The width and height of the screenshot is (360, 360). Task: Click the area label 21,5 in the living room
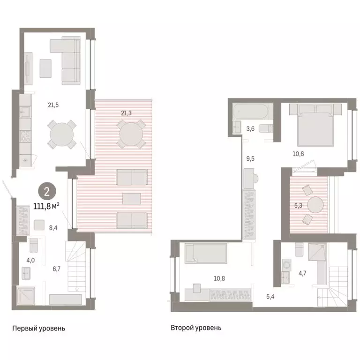pyautogui.click(x=53, y=105)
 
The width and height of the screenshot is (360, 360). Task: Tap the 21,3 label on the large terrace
pyautogui.click(x=126, y=113)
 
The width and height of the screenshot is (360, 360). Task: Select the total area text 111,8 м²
pyautogui.click(x=46, y=206)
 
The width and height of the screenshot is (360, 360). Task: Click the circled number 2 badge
pyautogui.click(x=47, y=191)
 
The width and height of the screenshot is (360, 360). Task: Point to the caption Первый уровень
pyautogui.click(x=38, y=328)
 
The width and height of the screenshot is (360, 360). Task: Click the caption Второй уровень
pyautogui.click(x=196, y=328)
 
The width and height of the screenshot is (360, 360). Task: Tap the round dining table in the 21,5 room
pyautogui.click(x=62, y=135)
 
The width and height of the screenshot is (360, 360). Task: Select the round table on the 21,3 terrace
pyautogui.click(x=131, y=135)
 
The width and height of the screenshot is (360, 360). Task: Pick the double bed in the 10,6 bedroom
pyautogui.click(x=315, y=125)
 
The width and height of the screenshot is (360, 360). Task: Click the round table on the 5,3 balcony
pyautogui.click(x=315, y=205)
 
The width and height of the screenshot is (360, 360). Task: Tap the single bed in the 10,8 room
pyautogui.click(x=206, y=254)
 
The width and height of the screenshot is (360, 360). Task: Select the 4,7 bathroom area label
pyautogui.click(x=302, y=273)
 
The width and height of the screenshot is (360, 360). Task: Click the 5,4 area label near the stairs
pyautogui.click(x=270, y=297)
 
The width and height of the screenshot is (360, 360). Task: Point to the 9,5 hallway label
pyautogui.click(x=250, y=158)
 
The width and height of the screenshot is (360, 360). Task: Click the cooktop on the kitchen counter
pyautogui.click(x=25, y=136)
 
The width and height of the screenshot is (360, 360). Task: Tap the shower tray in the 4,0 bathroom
pyautogui.click(x=26, y=296)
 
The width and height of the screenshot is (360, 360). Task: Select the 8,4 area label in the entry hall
pyautogui.click(x=53, y=228)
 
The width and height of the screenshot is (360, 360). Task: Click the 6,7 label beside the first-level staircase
pyautogui.click(x=56, y=269)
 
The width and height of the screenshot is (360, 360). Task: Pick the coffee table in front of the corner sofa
pyautogui.click(x=45, y=68)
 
